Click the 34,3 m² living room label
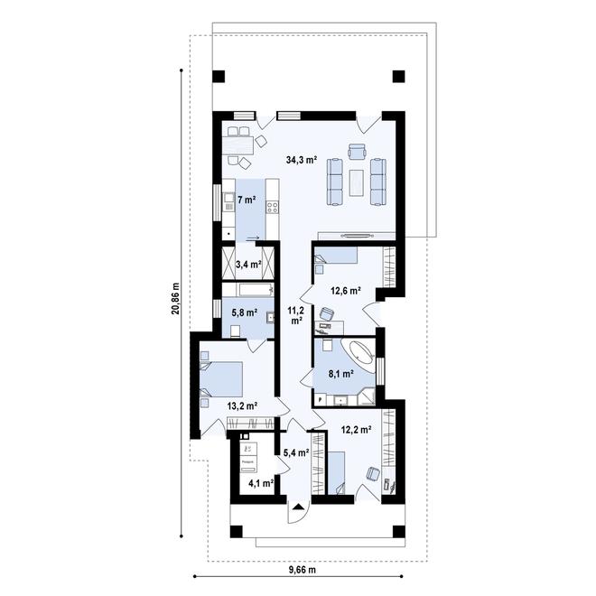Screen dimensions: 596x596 [301, 160]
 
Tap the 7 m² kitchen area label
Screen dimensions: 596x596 [246, 198]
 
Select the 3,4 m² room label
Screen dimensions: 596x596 [247, 265]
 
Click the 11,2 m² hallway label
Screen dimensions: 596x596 [294, 315]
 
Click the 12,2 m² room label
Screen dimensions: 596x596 [357, 430]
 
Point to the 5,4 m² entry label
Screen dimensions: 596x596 [296, 453]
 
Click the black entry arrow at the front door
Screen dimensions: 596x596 [295, 509]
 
